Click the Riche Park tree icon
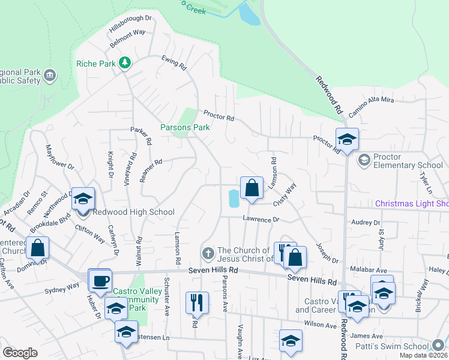tap(125, 62)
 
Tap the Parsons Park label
tap(185, 127)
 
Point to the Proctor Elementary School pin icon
tap(363, 160)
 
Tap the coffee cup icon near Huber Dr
tap(101, 280)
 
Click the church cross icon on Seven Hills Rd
tap(208, 253)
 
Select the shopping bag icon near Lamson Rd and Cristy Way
tap(253, 188)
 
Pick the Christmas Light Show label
tap(412, 204)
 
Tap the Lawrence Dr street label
tap(261, 220)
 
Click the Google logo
tap(20, 352)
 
